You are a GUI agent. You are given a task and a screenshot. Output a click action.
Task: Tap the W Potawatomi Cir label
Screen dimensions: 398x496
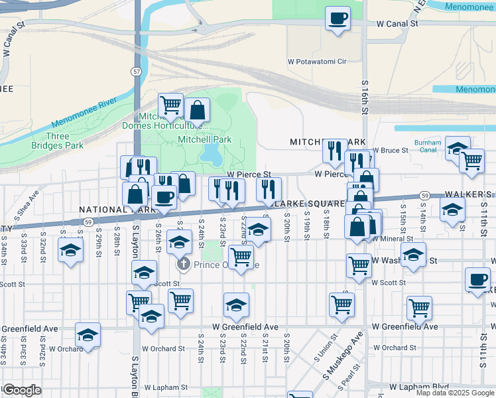[x=317, y=61]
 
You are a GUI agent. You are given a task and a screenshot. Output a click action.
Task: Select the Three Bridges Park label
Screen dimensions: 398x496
[x=58, y=141]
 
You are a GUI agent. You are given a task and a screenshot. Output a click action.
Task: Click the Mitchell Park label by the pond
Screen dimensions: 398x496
[x=204, y=140]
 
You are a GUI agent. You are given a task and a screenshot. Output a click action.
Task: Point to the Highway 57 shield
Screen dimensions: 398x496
[x=137, y=71]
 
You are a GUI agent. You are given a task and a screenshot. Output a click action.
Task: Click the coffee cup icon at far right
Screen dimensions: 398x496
[x=477, y=279]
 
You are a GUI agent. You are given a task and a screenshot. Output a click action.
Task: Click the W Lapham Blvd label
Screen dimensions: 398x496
[x=418, y=386]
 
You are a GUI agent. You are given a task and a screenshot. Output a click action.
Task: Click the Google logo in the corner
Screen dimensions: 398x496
[x=22, y=390]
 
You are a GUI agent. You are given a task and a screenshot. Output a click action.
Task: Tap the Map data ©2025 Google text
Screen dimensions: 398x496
[x=455, y=393]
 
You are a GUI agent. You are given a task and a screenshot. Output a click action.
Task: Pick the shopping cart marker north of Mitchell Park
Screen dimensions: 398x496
[x=170, y=105]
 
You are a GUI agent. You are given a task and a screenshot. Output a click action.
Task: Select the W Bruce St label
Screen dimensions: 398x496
[x=391, y=151]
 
